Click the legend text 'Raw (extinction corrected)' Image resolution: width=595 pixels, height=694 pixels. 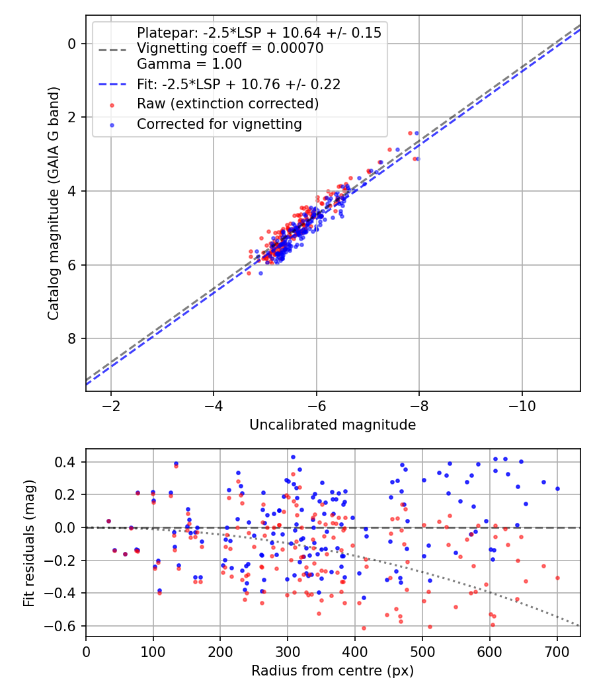(x=227, y=104)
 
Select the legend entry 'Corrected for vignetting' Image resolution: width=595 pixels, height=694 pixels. (x=219, y=124)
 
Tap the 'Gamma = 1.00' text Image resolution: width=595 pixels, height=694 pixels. (x=189, y=64)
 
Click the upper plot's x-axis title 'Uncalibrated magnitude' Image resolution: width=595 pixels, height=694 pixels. (x=333, y=425)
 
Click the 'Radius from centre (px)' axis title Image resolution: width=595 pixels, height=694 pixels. (x=333, y=670)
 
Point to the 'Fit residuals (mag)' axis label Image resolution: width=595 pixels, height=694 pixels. (x=28, y=543)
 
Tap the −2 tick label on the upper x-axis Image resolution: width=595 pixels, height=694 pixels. (x=110, y=405)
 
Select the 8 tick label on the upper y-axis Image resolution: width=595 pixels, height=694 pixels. (x=73, y=339)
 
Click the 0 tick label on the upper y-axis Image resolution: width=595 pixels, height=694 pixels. (x=73, y=44)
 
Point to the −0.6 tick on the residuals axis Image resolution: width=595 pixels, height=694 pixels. (x=64, y=626)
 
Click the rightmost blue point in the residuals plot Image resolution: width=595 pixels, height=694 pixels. (x=557, y=488)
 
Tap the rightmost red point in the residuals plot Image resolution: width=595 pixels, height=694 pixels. (x=557, y=578)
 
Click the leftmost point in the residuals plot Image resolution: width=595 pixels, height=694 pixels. (x=108, y=521)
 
